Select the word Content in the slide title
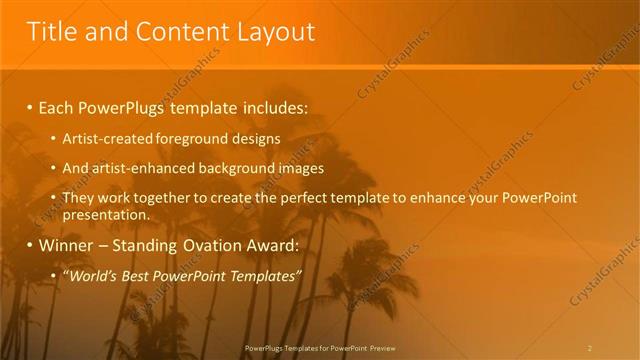171,32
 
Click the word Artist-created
104,139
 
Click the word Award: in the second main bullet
268,245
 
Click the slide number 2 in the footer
590,347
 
